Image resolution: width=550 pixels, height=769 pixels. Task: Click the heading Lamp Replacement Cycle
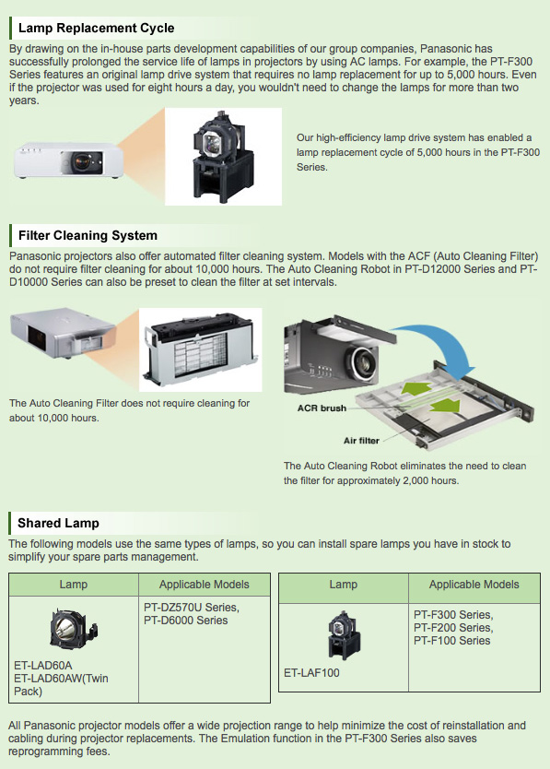click(96, 28)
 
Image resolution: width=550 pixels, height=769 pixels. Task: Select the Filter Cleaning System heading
click(88, 235)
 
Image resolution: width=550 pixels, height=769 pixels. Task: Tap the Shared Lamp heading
click(58, 523)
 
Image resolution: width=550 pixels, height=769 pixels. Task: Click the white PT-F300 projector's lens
click(81, 160)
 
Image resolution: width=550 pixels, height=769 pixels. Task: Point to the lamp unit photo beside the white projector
click(223, 157)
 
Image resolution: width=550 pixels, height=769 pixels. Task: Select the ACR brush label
click(322, 408)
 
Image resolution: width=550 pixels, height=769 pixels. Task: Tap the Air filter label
click(361, 441)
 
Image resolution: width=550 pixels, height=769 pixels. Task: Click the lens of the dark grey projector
click(363, 362)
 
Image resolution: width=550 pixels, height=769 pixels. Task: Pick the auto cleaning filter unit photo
click(201, 349)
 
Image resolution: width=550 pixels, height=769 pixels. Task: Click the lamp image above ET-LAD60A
click(73, 628)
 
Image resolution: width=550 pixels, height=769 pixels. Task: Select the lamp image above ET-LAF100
click(343, 635)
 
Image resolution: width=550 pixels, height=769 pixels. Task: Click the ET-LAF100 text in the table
click(311, 673)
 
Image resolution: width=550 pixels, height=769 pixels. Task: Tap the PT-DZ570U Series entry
click(192, 607)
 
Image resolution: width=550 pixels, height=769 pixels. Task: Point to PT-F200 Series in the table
click(453, 628)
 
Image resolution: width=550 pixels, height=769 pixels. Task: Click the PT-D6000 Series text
click(186, 620)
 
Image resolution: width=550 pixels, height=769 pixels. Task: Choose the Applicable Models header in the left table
click(204, 585)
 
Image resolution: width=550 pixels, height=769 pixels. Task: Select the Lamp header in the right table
click(343, 585)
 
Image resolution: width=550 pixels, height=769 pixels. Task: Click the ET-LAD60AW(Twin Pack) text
click(62, 685)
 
